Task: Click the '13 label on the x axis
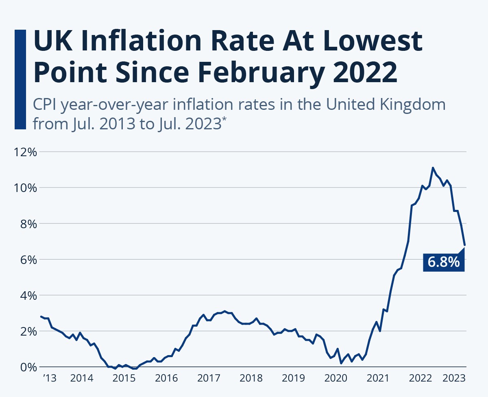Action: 49,379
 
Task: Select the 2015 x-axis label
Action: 124,379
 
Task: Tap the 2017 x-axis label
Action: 209,379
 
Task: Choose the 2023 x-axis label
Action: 454,379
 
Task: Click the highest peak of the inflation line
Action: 433,168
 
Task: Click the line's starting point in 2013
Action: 41,316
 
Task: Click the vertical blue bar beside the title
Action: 20,79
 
